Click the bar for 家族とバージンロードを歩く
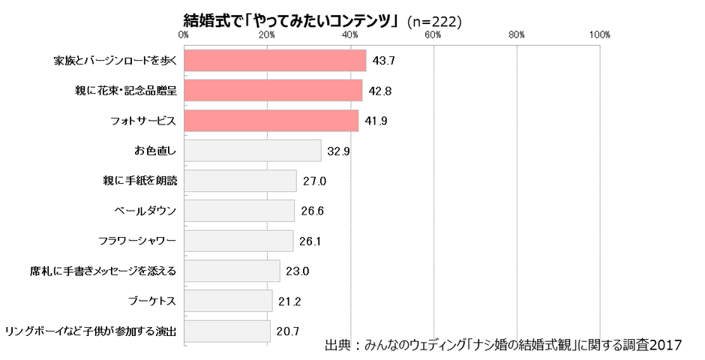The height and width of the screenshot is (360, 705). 275,61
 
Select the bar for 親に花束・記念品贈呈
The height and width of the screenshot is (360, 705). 273,91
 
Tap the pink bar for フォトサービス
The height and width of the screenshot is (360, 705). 271,121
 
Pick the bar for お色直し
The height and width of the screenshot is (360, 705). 253,151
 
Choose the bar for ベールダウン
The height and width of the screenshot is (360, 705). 239,211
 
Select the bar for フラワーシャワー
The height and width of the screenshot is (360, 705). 238,241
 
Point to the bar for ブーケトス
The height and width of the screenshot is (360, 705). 228,301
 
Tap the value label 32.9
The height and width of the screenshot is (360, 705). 340,151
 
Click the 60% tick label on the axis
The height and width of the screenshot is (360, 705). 433,34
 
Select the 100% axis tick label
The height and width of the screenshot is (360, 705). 600,34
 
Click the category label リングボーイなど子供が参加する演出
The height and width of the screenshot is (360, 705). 91,331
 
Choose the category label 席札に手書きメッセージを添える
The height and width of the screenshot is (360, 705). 99,271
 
